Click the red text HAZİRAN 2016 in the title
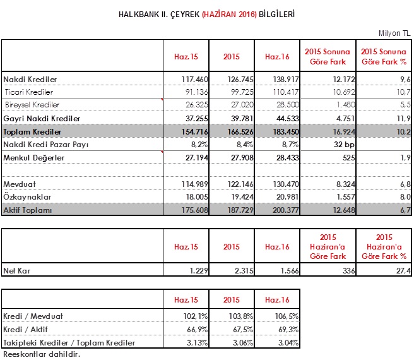pos(229,14)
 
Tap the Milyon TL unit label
pos(394,33)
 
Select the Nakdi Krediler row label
pos(30,80)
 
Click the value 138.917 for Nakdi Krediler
pos(286,80)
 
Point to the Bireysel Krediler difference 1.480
pos(346,105)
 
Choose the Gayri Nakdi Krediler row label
pos(42,118)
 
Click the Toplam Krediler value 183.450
pos(286,131)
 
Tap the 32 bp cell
pos(344,145)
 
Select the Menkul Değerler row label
pos(34,158)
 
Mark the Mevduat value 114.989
pos(194,184)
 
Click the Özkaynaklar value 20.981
pos(287,197)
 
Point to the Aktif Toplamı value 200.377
pos(286,210)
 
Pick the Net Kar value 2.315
pos(244,271)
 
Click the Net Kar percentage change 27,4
pos(403,271)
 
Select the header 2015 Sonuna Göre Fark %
pos(384,57)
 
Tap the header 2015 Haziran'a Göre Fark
pos(328,246)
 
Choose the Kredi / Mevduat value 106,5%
pos(287,316)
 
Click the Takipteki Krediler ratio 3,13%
pos(197,342)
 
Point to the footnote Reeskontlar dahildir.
pos(42,354)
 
